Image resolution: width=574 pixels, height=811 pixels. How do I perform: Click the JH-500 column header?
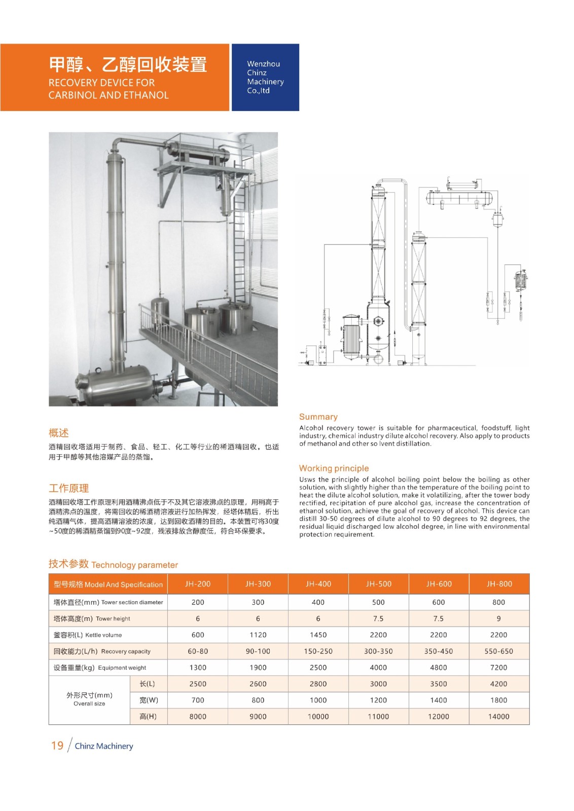tap(378, 584)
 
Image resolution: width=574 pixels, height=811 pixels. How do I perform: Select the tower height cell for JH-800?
tap(498, 618)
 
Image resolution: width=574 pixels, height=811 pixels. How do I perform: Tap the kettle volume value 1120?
tap(258, 635)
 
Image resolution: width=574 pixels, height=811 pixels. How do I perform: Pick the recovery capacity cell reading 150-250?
tap(318, 651)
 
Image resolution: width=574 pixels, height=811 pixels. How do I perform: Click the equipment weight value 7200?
tap(498, 668)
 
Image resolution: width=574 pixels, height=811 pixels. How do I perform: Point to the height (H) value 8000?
tap(198, 717)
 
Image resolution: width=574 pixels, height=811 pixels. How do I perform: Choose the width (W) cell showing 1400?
tap(439, 700)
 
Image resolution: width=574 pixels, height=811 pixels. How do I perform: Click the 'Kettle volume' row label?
tap(88, 635)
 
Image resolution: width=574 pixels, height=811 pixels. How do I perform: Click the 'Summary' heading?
tap(318, 417)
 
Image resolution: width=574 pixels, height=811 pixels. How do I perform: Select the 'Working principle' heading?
tap(334, 468)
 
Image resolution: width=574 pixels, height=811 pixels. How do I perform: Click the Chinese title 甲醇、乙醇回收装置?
tap(128, 65)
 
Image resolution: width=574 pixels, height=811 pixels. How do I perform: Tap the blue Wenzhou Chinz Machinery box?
tap(265, 77)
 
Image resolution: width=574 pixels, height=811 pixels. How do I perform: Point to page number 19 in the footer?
tap(57, 746)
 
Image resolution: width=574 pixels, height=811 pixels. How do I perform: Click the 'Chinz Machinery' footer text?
tap(104, 746)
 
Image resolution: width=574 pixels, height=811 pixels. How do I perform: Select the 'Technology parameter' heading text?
tap(134, 565)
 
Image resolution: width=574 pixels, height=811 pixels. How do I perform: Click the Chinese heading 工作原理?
tap(68, 488)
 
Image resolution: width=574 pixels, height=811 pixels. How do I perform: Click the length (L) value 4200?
tap(498, 684)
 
